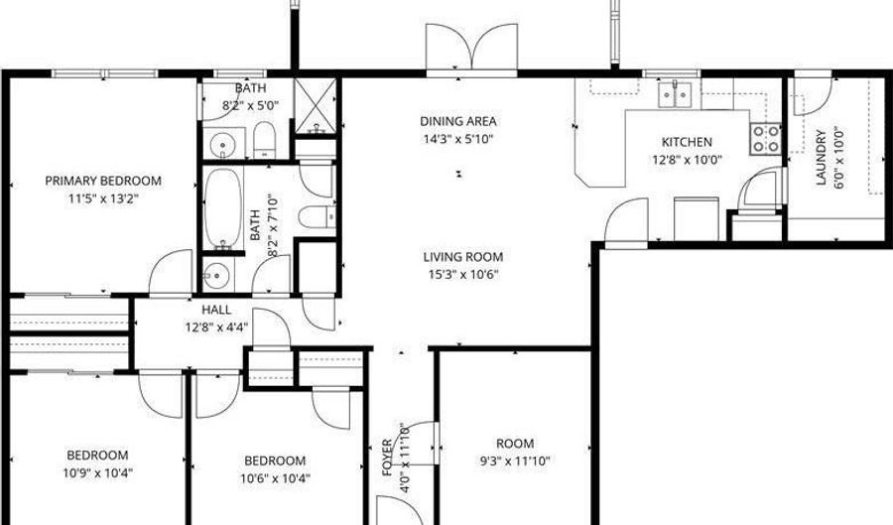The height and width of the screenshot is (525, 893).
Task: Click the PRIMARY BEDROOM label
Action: (103, 181)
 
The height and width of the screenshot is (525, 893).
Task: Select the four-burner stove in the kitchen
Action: (765, 138)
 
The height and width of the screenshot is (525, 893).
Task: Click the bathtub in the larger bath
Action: (224, 208)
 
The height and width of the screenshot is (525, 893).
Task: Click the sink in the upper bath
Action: (223, 145)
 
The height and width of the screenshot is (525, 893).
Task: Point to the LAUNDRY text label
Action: (822, 159)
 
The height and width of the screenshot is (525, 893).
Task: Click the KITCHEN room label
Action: (687, 142)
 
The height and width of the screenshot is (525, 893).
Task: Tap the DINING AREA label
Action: (456, 121)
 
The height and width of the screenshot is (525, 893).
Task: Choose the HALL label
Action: (216, 309)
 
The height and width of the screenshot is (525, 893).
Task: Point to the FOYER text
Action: (389, 457)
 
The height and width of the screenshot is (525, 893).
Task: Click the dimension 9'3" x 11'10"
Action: (515, 460)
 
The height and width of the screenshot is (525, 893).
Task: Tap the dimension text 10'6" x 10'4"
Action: (275, 477)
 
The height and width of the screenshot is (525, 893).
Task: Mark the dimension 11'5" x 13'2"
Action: (103, 198)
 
